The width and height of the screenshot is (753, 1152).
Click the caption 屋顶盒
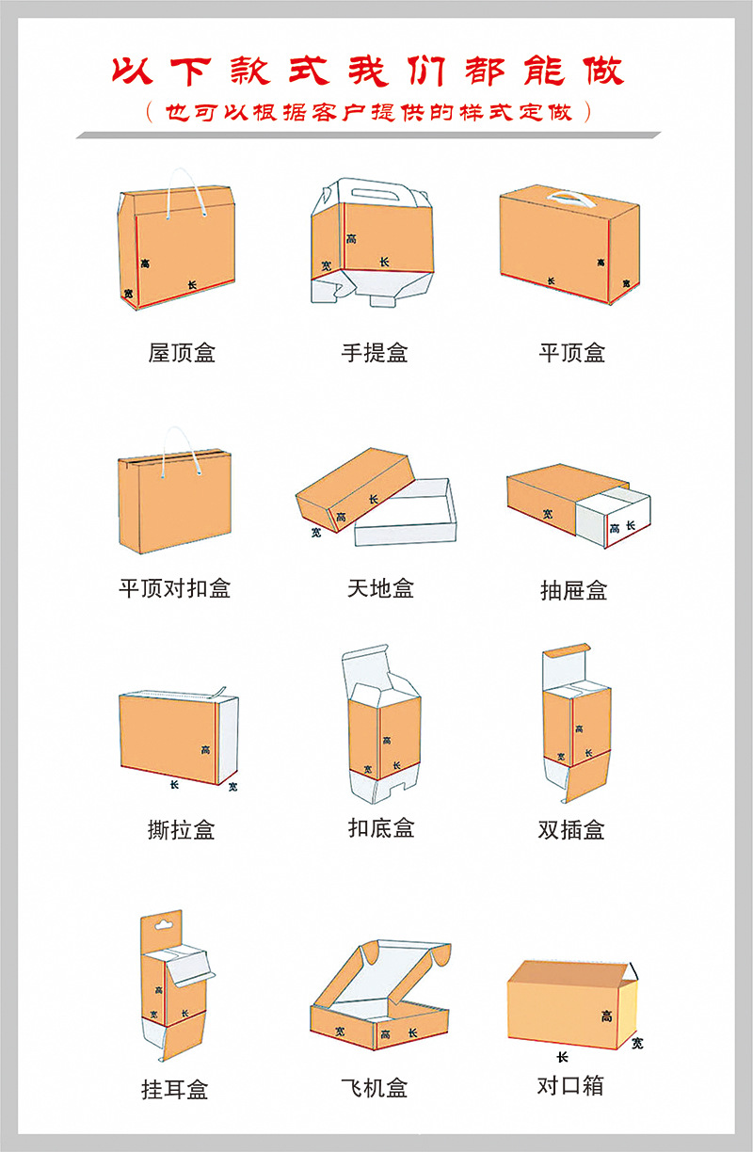coord(182,353)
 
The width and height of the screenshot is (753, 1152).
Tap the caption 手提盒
coord(375,353)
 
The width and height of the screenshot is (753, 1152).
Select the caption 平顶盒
coord(572,353)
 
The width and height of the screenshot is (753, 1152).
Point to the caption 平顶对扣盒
coord(175,588)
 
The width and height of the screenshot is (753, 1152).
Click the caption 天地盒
coord(380,588)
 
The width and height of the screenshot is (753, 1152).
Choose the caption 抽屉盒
coord(573,590)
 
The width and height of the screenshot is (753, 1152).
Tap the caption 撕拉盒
coord(181,829)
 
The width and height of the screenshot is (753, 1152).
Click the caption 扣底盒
coord(381,828)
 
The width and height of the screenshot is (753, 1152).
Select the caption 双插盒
coord(571,829)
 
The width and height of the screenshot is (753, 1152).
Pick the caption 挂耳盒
coord(175,1090)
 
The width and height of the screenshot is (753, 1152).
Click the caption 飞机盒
coord(375,1088)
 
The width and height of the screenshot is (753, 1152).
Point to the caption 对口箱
coord(570,1086)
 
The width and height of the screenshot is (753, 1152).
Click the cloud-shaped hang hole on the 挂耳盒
coord(164,925)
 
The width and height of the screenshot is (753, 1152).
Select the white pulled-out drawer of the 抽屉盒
coord(613,517)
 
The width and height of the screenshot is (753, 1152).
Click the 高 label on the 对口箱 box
coord(607,1016)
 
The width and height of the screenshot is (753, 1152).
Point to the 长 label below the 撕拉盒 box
coord(174,785)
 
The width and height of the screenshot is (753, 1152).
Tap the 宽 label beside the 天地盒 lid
coord(316,533)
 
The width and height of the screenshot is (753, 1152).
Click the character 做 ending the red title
coord(603,71)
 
